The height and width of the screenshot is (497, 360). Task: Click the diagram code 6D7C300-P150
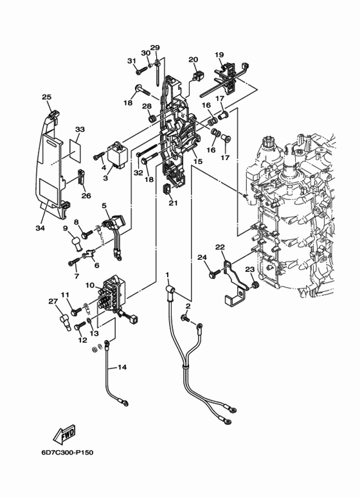67,452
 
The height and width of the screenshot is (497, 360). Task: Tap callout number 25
46,97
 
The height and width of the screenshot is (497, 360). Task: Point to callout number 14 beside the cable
122,367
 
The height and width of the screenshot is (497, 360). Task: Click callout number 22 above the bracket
220,247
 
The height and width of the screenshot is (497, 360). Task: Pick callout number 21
173,203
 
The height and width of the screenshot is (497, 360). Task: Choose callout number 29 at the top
155,48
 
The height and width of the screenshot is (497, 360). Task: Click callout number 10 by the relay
90,285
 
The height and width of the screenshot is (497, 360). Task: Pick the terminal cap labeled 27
64,322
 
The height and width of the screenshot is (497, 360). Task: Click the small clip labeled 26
81,177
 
